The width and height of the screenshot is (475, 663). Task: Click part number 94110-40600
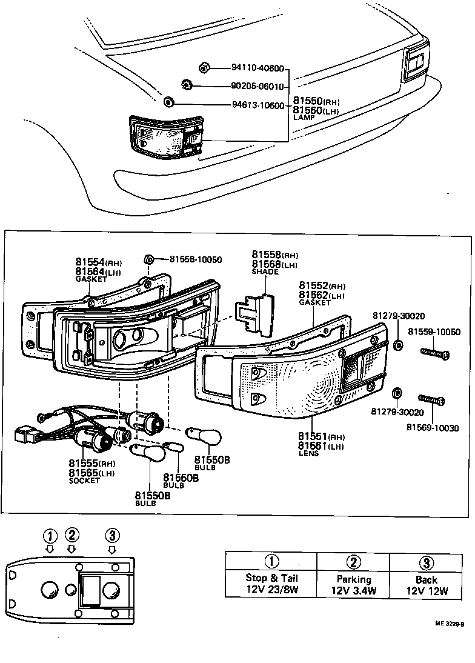click(x=257, y=68)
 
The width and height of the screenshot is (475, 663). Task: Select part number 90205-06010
click(x=257, y=86)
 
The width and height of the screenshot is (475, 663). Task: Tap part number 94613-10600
click(x=257, y=105)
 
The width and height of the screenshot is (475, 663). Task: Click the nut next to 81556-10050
click(x=148, y=260)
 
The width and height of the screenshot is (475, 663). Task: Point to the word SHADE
click(x=264, y=272)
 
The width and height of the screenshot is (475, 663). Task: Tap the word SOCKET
click(x=84, y=481)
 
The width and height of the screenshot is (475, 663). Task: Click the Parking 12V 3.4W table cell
click(x=353, y=584)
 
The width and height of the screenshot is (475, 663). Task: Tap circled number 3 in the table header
click(x=426, y=561)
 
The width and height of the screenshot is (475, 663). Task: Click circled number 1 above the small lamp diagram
click(x=50, y=535)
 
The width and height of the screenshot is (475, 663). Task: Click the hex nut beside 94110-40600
click(x=204, y=68)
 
